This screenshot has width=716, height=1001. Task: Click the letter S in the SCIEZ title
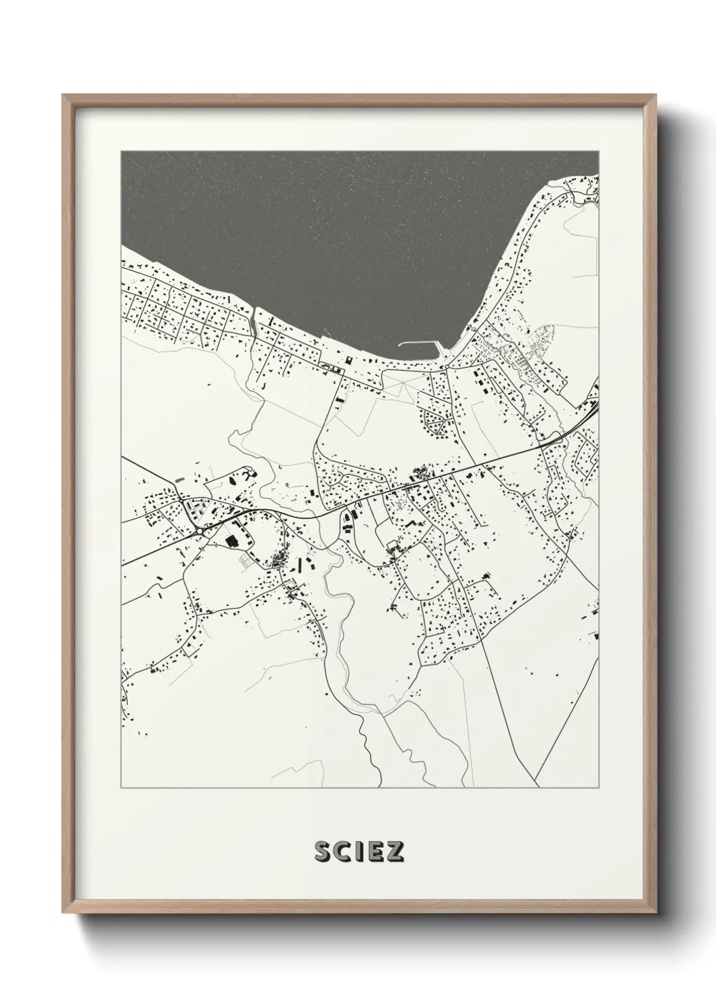pos(323,852)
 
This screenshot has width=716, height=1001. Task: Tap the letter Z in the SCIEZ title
pos(395,852)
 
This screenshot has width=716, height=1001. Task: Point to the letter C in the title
pos(342,852)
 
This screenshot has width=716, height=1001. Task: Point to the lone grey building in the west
pos(179,480)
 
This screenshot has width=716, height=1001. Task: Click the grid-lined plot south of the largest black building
pos(247,561)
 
